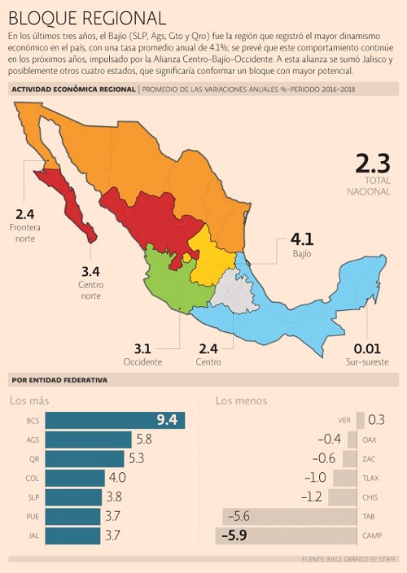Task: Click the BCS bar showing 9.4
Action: pyautogui.click(x=115, y=420)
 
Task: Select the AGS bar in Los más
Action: pyautogui.click(x=89, y=440)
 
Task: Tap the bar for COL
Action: pyautogui.click(x=75, y=478)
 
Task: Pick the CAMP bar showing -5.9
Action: pyautogui.click(x=286, y=536)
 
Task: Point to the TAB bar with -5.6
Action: pyautogui.click(x=290, y=516)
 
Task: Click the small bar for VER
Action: pyautogui.click(x=361, y=420)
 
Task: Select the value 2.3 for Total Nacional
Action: pyautogui.click(x=373, y=164)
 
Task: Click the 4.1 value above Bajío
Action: pyautogui.click(x=302, y=239)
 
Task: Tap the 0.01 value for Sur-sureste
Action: pyautogui.click(x=367, y=349)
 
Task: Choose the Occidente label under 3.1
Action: pyautogui.click(x=142, y=362)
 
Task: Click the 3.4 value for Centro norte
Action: pyautogui.click(x=90, y=272)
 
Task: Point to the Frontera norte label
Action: pyautogui.click(x=25, y=233)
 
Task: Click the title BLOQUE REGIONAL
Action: pyautogui.click(x=87, y=18)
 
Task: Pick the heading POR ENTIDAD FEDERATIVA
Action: pyautogui.click(x=59, y=380)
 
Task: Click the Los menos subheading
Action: pyautogui.click(x=241, y=401)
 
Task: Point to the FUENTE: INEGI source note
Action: pyautogui.click(x=350, y=559)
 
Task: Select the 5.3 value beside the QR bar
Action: pyautogui.click(x=136, y=458)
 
